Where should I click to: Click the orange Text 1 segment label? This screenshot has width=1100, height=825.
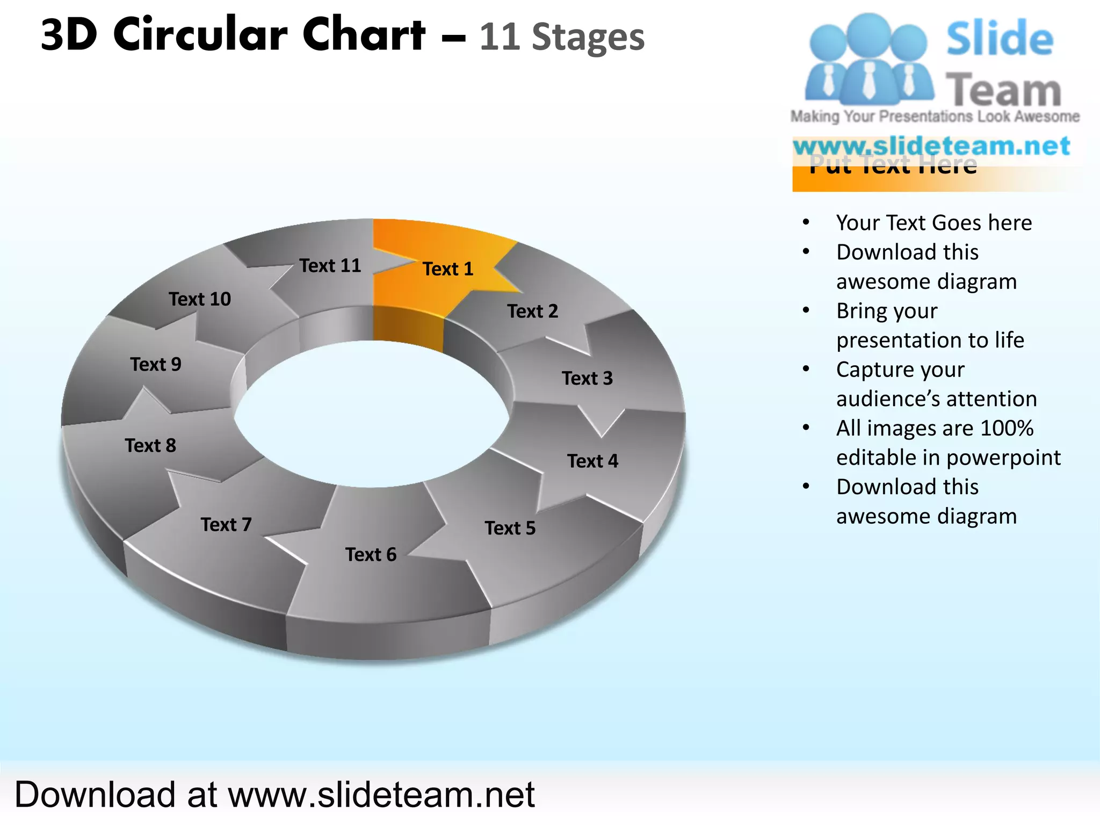(x=448, y=269)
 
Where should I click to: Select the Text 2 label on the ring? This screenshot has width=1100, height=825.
(x=532, y=311)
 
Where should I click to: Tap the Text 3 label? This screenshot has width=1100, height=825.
(x=587, y=378)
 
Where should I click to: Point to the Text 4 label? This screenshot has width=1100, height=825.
(x=592, y=461)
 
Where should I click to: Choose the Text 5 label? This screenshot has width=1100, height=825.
(x=510, y=528)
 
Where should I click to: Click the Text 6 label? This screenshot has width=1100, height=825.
(x=371, y=554)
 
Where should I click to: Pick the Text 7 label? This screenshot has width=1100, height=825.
(x=226, y=524)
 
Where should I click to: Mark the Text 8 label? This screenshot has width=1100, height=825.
(x=150, y=445)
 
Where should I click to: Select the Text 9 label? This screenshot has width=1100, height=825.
(x=156, y=364)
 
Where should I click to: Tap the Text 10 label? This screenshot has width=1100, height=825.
(x=200, y=299)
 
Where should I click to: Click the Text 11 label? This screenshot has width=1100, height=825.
(x=330, y=265)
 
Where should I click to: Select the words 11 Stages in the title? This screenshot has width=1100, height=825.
(x=561, y=37)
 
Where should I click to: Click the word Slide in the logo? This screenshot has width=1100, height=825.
(x=999, y=39)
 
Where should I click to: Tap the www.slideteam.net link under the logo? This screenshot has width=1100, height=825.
(x=931, y=146)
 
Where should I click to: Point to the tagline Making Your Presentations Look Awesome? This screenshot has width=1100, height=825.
(x=935, y=117)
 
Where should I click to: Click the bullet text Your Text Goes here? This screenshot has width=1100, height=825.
(x=933, y=222)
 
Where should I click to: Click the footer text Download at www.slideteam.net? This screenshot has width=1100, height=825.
(x=274, y=794)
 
